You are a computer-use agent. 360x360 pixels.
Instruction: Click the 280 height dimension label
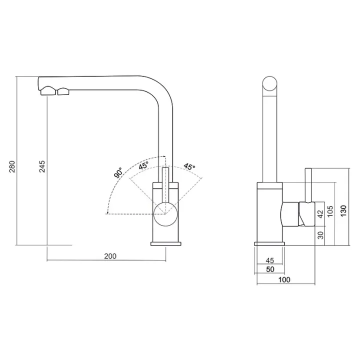(12, 166)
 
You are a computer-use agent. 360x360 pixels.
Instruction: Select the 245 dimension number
(42, 166)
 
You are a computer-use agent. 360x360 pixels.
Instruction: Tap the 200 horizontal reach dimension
(110, 256)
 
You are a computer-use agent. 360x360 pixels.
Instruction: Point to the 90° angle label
(118, 172)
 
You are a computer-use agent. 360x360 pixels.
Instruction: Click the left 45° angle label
(143, 165)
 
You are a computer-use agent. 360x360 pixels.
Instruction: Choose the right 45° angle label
(189, 166)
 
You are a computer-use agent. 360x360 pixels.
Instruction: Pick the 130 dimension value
(343, 210)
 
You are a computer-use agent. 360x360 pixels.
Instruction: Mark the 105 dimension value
(330, 211)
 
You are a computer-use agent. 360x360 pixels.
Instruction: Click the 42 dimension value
(320, 214)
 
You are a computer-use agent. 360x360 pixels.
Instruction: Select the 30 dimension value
(320, 235)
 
